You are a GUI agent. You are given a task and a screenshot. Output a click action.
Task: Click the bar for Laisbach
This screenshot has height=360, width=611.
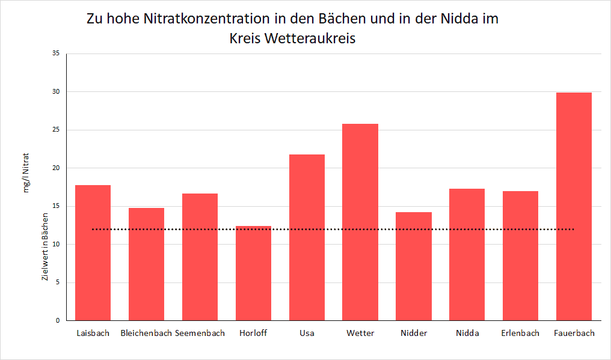(93, 252)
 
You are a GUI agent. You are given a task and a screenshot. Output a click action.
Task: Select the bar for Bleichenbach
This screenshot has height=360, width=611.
(146, 264)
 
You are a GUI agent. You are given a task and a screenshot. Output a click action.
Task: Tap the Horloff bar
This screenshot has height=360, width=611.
(253, 273)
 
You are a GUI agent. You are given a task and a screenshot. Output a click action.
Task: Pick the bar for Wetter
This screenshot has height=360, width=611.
(360, 222)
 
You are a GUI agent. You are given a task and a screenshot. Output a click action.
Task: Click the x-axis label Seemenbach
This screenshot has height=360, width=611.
(200, 333)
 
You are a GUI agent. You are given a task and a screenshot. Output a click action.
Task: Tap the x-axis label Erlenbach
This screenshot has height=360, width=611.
(520, 333)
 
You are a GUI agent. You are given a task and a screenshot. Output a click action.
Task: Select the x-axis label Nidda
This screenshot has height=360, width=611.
(467, 333)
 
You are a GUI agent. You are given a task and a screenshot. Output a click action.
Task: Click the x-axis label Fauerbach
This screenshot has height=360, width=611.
(574, 333)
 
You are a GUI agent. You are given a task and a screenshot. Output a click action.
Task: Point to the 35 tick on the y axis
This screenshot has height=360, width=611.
(56, 53)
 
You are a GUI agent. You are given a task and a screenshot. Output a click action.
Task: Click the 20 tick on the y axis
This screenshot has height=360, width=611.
(56, 168)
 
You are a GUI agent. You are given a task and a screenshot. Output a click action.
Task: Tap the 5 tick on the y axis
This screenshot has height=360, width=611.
(58, 282)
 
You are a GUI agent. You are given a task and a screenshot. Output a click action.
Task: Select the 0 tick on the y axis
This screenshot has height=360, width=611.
(58, 320)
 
